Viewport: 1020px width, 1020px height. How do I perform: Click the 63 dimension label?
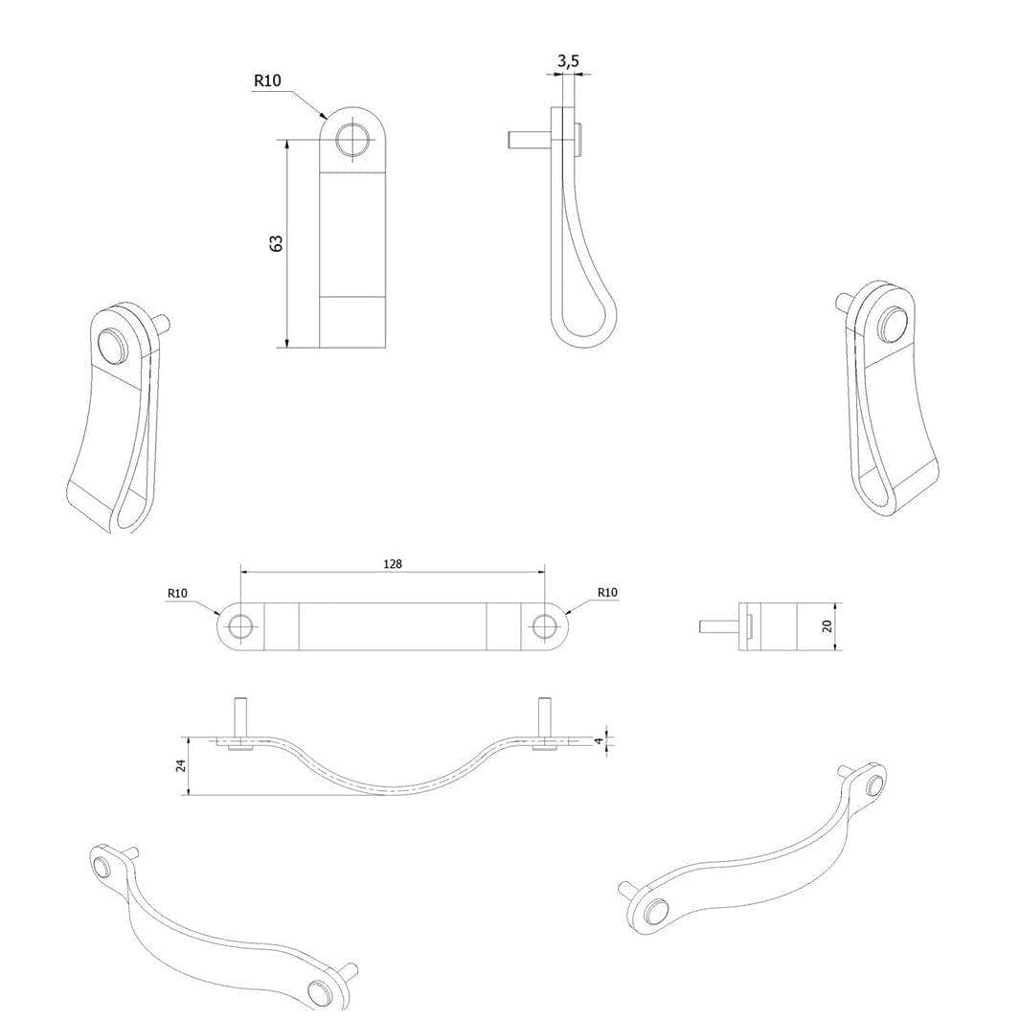pyautogui.click(x=277, y=243)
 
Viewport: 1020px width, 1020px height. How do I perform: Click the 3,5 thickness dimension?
pyautogui.click(x=568, y=61)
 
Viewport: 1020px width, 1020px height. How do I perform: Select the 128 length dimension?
pyautogui.click(x=393, y=564)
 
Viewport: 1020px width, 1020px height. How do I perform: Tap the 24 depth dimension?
pyautogui.click(x=181, y=765)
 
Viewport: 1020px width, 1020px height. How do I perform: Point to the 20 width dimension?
pyautogui.click(x=827, y=625)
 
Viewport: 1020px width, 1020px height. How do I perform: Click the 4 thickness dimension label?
pyautogui.click(x=600, y=740)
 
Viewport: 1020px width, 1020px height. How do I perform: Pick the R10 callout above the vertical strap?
pyautogui.click(x=267, y=80)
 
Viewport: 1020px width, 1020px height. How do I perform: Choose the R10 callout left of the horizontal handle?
pyautogui.click(x=177, y=593)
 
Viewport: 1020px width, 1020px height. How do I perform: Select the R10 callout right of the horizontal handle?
pyautogui.click(x=607, y=593)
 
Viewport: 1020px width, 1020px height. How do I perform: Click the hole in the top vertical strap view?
pyautogui.click(x=351, y=139)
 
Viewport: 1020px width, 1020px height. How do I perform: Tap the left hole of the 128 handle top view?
pyautogui.click(x=240, y=626)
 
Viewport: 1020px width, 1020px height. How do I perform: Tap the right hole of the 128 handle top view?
pyautogui.click(x=544, y=626)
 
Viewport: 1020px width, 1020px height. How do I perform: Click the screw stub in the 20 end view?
pyautogui.click(x=719, y=625)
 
